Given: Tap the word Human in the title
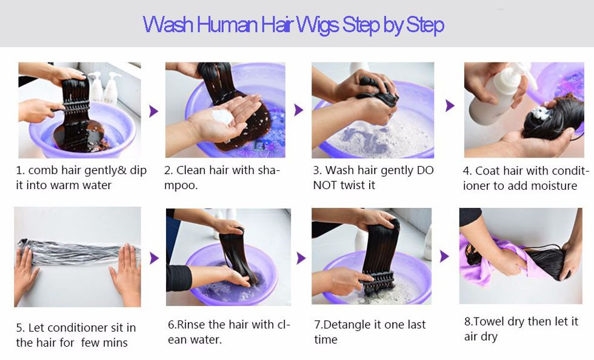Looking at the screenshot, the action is tap(227, 24).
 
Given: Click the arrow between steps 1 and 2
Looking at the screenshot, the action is tap(153, 111).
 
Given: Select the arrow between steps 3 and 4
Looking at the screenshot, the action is tap(450, 105).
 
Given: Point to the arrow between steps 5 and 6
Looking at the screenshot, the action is tap(154, 258).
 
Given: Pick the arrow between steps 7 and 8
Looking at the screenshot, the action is tap(444, 256).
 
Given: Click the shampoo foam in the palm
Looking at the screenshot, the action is tap(222, 117).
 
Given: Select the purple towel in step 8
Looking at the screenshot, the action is tap(489, 261).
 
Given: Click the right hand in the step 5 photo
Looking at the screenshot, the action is tap(125, 273).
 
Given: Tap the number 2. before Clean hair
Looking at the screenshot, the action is tap(169, 170).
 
